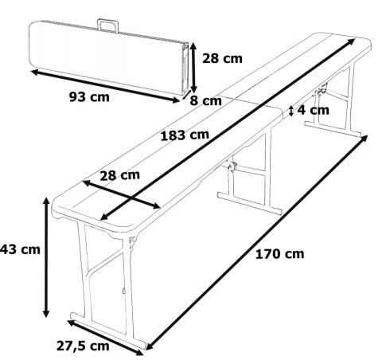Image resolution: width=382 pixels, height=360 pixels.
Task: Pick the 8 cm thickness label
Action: pyautogui.click(x=205, y=101)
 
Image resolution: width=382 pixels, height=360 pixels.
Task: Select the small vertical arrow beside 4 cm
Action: pyautogui.click(x=292, y=111)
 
